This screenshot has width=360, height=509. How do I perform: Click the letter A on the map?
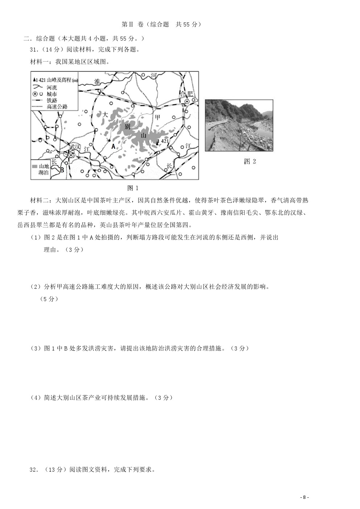pyautogui.click(x=113, y=147)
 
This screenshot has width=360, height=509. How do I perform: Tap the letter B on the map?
pyautogui.click(x=62, y=170)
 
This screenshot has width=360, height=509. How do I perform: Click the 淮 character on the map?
pyautogui.click(x=97, y=81)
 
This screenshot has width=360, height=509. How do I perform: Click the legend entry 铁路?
pyautogui.click(x=52, y=100)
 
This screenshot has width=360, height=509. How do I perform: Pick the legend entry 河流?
pyautogui.click(x=52, y=87)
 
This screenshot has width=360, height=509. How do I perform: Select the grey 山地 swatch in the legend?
pyautogui.click(x=35, y=167)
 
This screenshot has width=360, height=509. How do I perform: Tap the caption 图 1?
pyautogui.click(x=133, y=188)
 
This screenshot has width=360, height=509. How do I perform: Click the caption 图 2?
pyautogui.click(x=250, y=161)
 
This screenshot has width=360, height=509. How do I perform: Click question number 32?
pyautogui.click(x=34, y=469)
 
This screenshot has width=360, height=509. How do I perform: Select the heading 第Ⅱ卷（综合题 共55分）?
pyautogui.click(x=161, y=24)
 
